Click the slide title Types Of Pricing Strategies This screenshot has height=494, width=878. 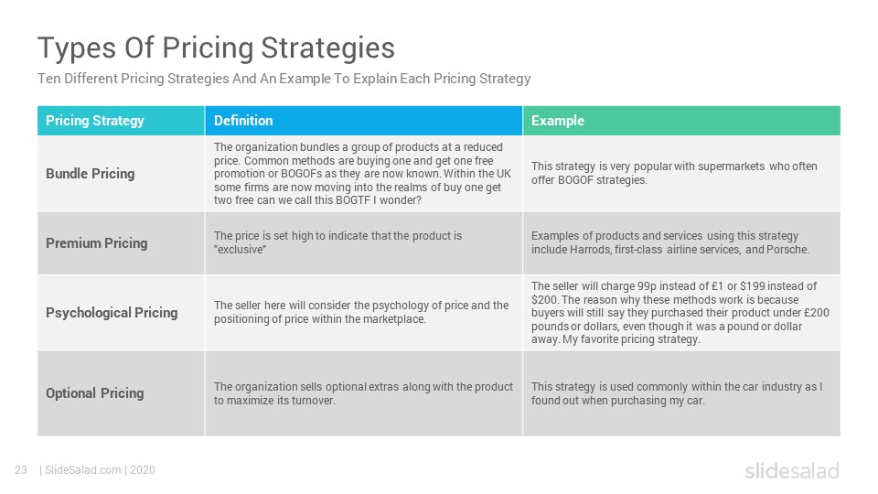click(216, 48)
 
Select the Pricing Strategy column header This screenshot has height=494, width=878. click(94, 121)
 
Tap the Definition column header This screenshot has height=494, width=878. click(243, 121)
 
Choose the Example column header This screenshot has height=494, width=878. click(558, 121)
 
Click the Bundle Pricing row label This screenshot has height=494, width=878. click(91, 174)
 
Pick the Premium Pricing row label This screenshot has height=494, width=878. click(97, 243)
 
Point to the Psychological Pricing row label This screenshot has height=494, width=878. click(112, 313)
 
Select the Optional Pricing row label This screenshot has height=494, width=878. click(94, 393)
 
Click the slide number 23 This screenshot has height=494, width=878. click(21, 470)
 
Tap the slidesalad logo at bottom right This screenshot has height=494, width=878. click(792, 470)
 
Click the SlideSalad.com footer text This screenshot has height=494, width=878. click(82, 470)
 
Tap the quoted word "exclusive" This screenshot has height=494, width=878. click(240, 250)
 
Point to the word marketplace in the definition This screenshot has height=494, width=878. click(394, 319)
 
